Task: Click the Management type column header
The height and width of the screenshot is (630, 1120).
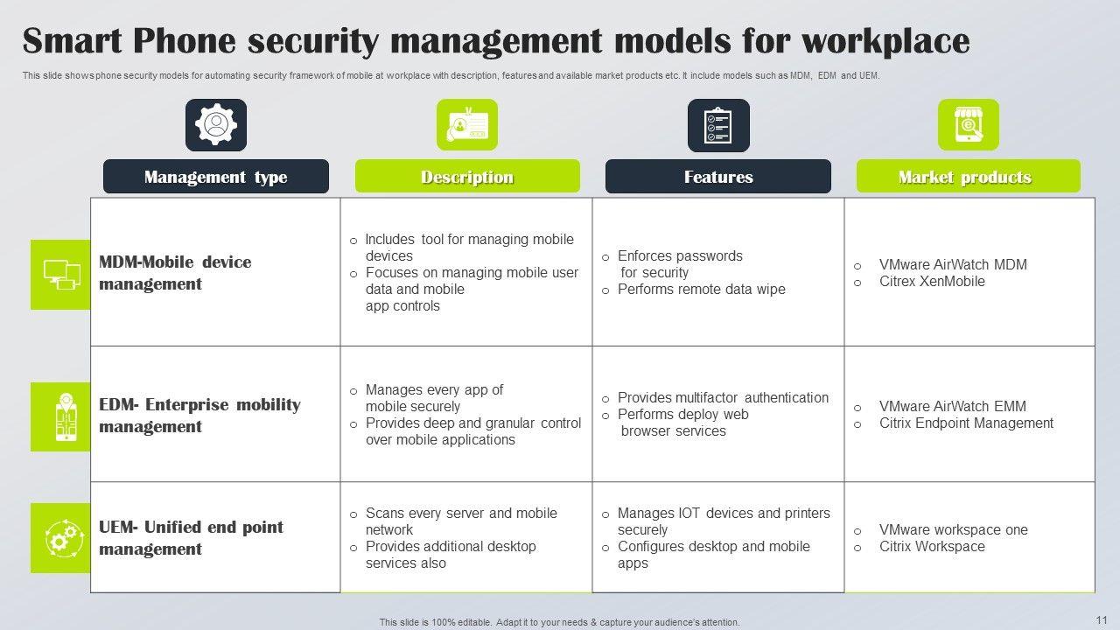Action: coord(215,177)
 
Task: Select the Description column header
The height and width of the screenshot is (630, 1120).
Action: coord(466,177)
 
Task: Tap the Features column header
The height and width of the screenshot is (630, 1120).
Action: coord(717,177)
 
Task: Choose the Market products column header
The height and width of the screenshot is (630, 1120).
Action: coord(968,177)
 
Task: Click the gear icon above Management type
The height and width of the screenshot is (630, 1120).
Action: coord(215,124)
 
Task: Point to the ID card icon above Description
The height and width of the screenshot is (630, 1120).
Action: coord(466,124)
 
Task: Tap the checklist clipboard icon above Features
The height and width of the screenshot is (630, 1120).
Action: coord(717,124)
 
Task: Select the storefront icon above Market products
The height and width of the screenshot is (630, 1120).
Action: coord(968,124)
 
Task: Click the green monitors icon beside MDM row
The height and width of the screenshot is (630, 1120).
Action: coord(60,274)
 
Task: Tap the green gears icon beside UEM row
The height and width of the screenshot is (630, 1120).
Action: coord(60,538)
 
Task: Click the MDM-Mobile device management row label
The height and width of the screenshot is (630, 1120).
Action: coord(175,273)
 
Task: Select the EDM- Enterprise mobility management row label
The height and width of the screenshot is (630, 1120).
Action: coord(199,416)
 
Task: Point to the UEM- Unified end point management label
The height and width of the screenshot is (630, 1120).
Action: coord(191,538)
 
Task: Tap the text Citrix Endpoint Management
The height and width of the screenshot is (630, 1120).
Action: coord(966,423)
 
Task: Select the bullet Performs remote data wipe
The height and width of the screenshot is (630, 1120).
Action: coord(701,290)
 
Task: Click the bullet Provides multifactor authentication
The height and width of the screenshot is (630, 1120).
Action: coord(723,397)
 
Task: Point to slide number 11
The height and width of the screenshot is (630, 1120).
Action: coord(1101,618)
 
